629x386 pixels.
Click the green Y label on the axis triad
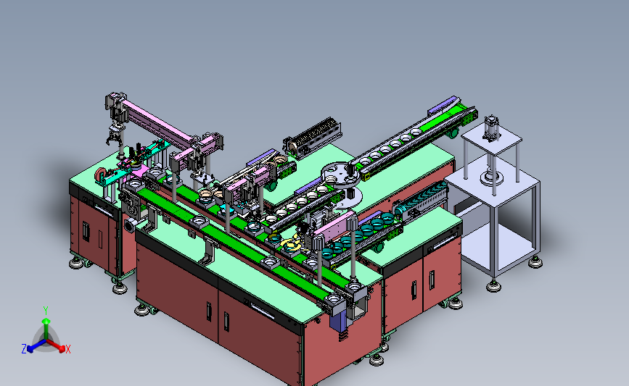46,311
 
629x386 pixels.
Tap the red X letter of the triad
67,349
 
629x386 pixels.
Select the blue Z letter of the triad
24,349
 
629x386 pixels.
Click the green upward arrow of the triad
46,329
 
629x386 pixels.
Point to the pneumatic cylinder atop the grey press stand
490,128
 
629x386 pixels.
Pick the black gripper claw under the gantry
114,135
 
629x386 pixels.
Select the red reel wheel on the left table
100,175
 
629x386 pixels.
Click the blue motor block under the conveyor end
338,322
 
